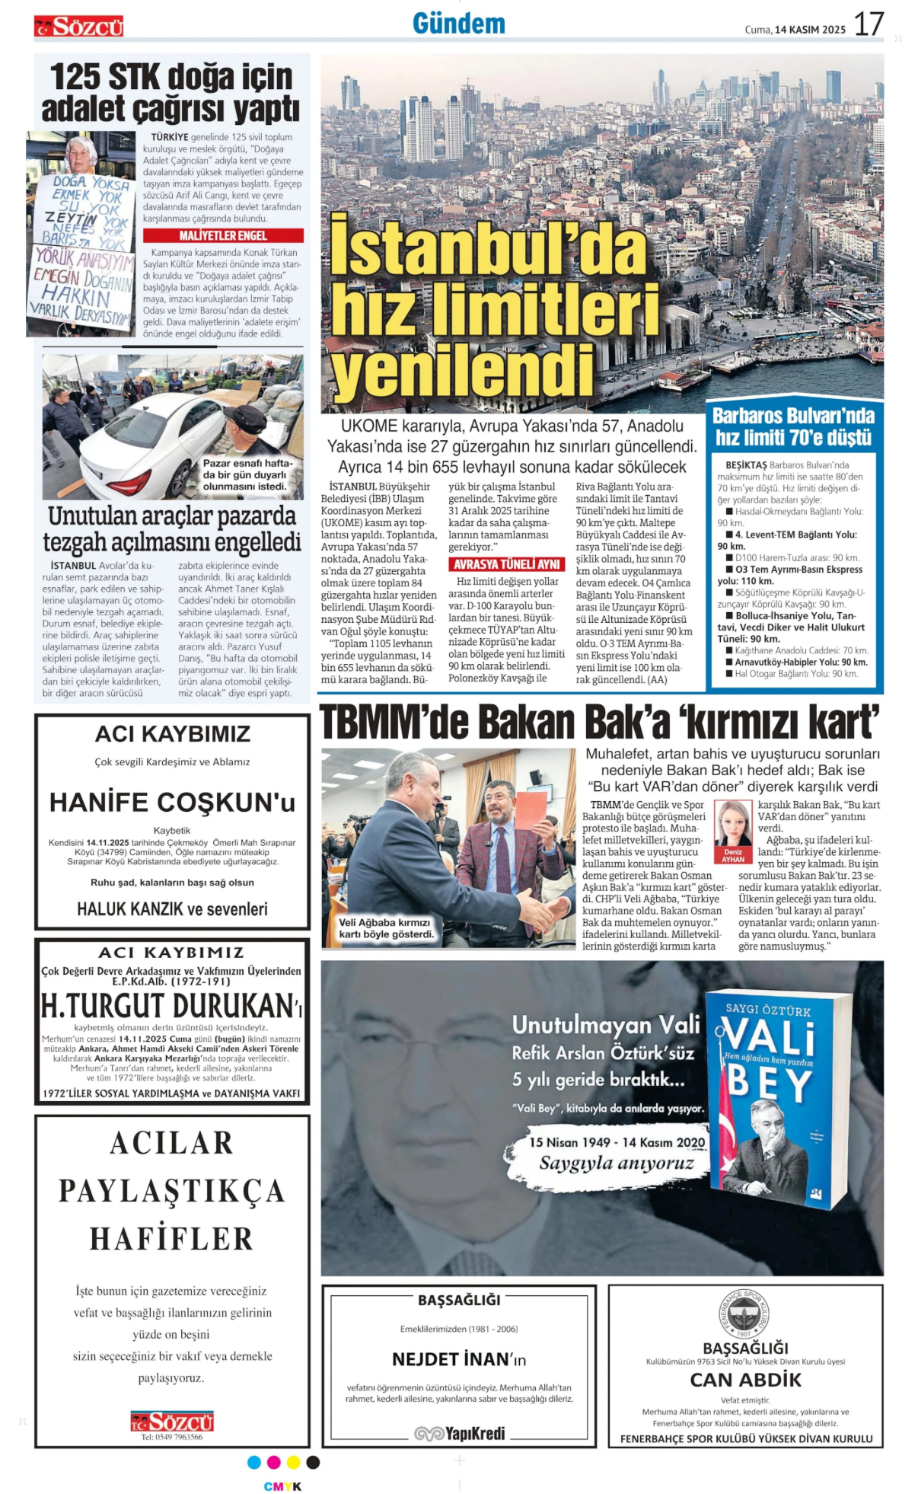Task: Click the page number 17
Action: (x=869, y=24)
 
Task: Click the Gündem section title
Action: (x=459, y=24)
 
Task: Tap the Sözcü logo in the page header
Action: (x=78, y=27)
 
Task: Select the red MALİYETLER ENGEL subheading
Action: (x=223, y=236)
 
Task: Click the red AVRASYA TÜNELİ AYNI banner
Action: (x=506, y=564)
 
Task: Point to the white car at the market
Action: (x=155, y=442)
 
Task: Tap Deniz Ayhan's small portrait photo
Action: (x=732, y=823)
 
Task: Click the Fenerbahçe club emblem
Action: (x=744, y=1312)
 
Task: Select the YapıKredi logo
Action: (x=460, y=1433)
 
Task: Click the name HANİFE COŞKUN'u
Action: (x=172, y=803)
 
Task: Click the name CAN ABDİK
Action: (x=745, y=1380)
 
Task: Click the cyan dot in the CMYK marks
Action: (x=254, y=1462)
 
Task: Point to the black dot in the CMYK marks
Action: (x=313, y=1462)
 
